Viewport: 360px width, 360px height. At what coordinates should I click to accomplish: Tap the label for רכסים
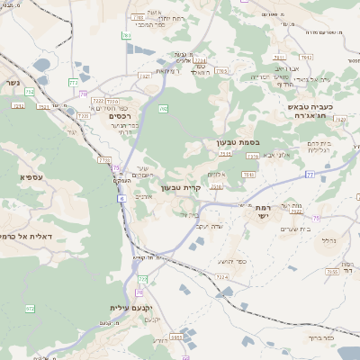(119, 116)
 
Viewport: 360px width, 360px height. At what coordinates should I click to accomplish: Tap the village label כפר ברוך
(319, 337)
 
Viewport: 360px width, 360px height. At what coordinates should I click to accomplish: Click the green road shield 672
(29, 309)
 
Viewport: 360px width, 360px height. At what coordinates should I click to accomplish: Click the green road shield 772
(73, 82)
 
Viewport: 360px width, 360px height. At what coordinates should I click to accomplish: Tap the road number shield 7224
(221, 276)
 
